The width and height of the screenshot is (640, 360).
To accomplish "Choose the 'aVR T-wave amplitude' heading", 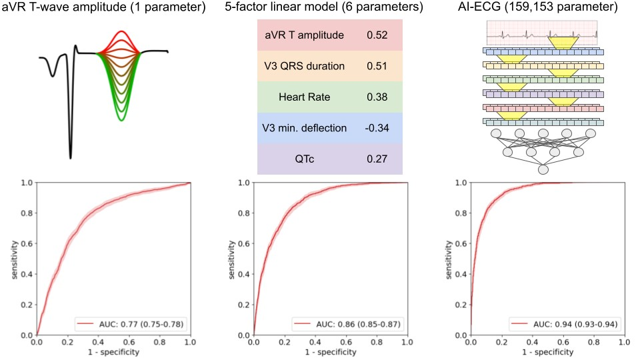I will coord(109,9).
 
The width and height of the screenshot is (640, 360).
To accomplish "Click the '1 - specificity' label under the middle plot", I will coord(331,352).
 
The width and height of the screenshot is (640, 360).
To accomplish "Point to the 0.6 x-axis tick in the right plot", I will coord(562,343).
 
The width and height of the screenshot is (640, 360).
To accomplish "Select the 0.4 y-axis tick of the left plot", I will coord(25,274).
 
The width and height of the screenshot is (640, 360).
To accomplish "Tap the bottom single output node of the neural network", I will coord(543,171).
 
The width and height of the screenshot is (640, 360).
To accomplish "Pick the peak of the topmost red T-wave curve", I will coord(121,31).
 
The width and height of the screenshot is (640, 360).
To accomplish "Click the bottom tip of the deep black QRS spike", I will coord(70,158).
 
